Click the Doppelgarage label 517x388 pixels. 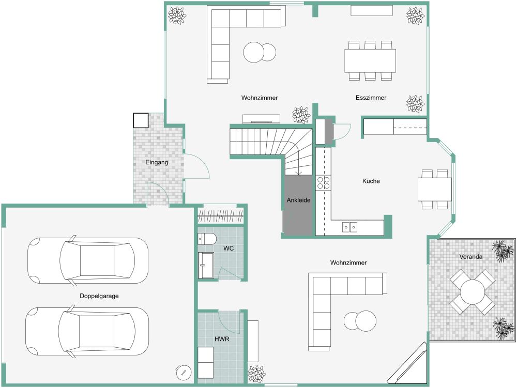coord(99,296)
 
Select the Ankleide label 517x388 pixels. coord(298,200)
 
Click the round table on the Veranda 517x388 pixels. coord(472,292)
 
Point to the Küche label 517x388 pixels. coord(371,181)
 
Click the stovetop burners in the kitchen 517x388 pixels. coord(324,182)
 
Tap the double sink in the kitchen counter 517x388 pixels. coord(349,227)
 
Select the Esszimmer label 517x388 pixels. coord(371,98)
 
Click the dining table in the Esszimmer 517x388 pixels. coord(370,60)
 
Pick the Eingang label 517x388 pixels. coord(157,162)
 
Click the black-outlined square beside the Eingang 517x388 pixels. coord(141,120)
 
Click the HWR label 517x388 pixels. coord(222,339)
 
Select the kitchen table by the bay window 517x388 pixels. coord(435,189)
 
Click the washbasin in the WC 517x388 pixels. coord(206,265)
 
